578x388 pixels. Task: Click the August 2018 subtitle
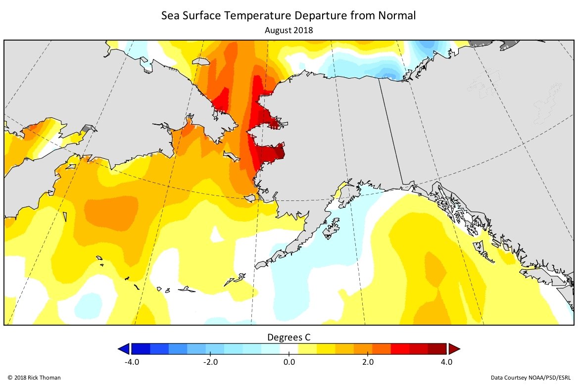289,30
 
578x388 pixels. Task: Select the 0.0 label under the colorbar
289,362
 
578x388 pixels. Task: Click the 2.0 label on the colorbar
368,362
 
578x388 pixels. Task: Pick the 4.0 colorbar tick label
446,362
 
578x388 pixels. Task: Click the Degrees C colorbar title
289,338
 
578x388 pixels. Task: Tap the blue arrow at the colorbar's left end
124,349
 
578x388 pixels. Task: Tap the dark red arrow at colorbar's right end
454,349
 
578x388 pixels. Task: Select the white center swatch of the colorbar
289,349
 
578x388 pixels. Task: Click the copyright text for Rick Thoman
34,378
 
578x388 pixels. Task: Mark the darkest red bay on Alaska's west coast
275,152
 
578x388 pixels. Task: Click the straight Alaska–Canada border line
391,134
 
